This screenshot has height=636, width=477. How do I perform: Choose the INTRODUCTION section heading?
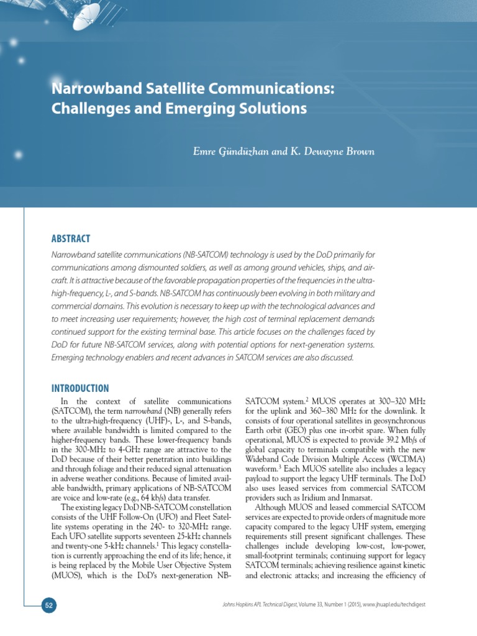click(x=79, y=388)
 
